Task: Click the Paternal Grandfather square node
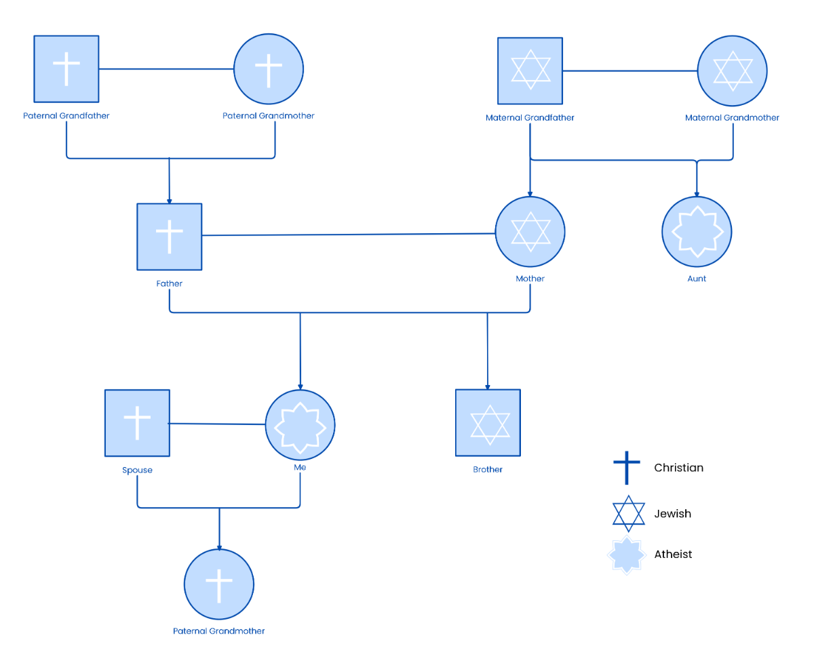click(x=66, y=68)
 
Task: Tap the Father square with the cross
click(x=169, y=236)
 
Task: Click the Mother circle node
click(x=530, y=232)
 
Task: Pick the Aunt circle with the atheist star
click(x=697, y=232)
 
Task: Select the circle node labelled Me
click(x=300, y=425)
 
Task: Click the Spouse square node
click(x=137, y=422)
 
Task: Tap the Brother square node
click(x=488, y=422)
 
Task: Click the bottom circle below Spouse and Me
click(x=218, y=584)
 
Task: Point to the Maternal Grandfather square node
click(x=530, y=70)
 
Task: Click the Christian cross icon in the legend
click(x=627, y=468)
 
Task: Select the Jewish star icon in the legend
click(x=628, y=513)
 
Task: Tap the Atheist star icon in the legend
click(x=626, y=555)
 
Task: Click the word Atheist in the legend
click(x=673, y=555)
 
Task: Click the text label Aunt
click(x=697, y=279)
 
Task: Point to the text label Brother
click(x=488, y=469)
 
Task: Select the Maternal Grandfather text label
click(x=530, y=118)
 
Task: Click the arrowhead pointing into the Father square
click(x=170, y=200)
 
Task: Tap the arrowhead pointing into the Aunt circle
click(x=697, y=193)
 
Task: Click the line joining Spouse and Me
click(x=217, y=424)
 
